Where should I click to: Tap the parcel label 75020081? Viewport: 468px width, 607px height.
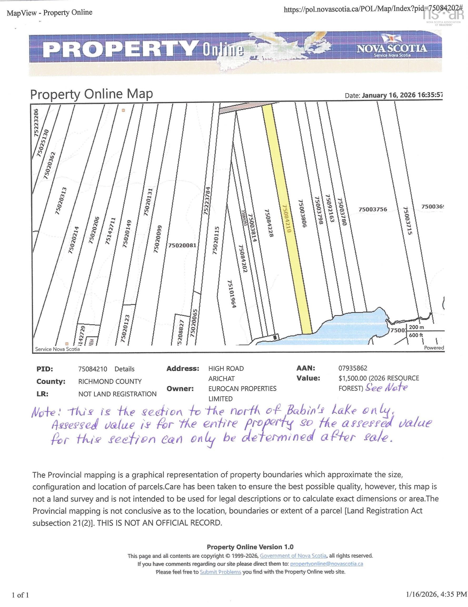click(x=182, y=245)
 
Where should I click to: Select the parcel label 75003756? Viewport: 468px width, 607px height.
click(x=373, y=209)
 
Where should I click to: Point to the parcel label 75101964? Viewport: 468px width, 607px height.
click(x=232, y=294)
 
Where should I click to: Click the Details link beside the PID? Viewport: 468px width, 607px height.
click(x=125, y=369)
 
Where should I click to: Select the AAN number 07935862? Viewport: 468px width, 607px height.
click(x=353, y=368)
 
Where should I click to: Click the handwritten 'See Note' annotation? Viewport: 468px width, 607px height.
click(x=386, y=388)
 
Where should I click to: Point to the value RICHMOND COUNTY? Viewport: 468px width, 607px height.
click(x=110, y=381)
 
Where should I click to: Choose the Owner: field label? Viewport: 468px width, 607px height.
click(x=180, y=389)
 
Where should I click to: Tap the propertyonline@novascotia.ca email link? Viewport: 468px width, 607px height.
click(x=326, y=564)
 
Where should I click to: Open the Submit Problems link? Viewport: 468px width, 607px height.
click(x=220, y=572)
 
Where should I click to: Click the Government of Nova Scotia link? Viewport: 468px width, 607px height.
click(x=293, y=556)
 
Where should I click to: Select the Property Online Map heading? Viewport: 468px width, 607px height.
click(x=91, y=95)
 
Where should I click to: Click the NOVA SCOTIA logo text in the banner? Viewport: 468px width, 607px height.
click(x=392, y=48)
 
